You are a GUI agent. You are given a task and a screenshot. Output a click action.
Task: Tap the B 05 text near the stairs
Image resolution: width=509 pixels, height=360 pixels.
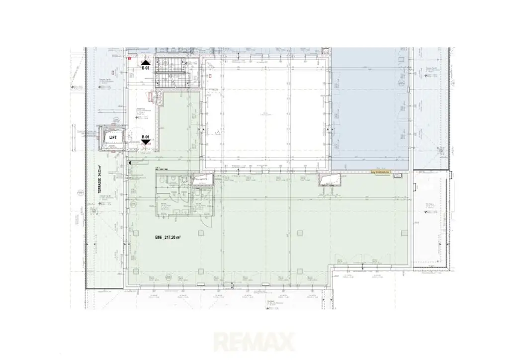[x=145, y=68]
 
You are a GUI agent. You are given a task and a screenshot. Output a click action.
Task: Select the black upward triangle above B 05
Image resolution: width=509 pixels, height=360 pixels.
[x=145, y=62]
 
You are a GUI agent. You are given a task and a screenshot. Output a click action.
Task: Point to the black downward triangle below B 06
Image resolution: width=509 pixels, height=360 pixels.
[x=146, y=142]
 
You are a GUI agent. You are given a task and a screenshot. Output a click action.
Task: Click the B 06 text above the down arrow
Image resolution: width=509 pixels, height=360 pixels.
[x=146, y=136]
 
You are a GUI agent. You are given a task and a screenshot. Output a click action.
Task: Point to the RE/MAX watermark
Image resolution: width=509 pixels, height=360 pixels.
[x=254, y=342]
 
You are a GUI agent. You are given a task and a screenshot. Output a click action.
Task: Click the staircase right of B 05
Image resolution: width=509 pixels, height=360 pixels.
[x=171, y=73]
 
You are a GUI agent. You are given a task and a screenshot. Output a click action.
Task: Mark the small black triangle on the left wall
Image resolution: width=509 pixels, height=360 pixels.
[x=130, y=163]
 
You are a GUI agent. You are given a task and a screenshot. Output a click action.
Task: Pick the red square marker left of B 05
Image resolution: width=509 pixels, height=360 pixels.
[x=129, y=59]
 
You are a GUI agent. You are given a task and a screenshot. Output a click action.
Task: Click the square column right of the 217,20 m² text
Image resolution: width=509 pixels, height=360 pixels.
[x=201, y=233]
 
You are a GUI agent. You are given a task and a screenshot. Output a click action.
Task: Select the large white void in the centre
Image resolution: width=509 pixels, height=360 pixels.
[x=266, y=114]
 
